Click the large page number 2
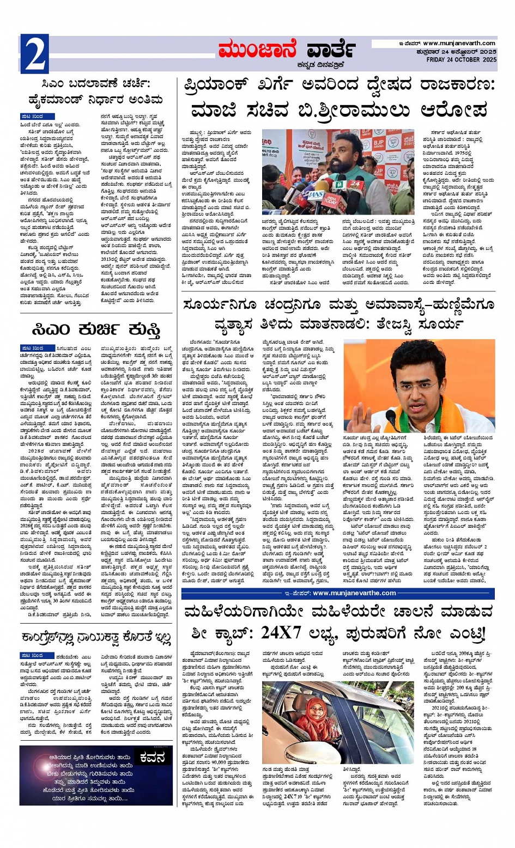click(34, 53)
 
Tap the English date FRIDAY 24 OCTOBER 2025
click(461, 59)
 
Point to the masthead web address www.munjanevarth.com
click(459, 43)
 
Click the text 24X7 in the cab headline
click(284, 634)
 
